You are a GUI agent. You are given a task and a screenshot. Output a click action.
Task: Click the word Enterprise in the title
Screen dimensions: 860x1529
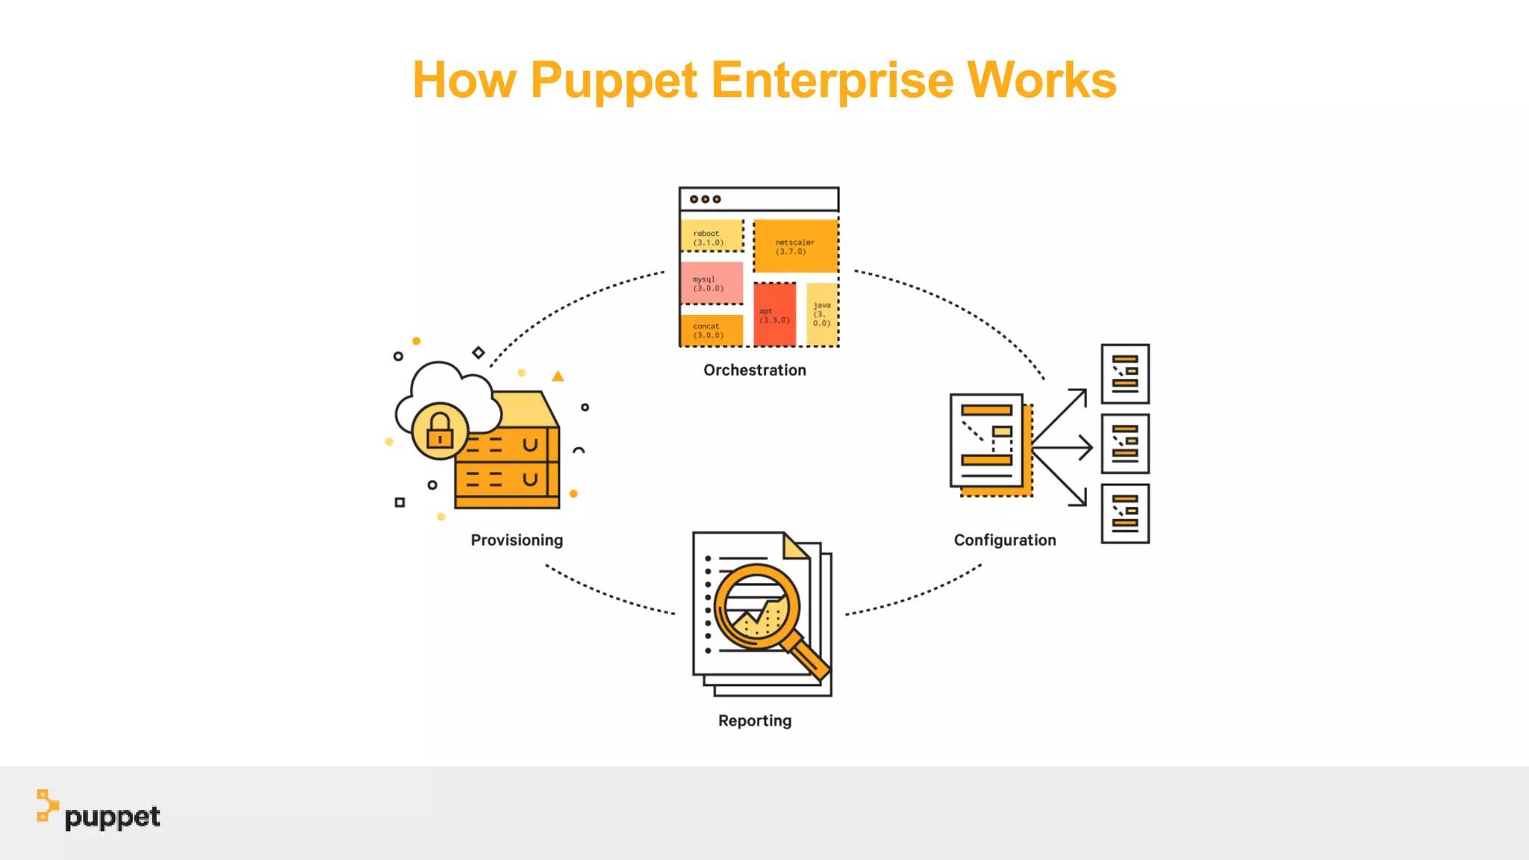pos(832,80)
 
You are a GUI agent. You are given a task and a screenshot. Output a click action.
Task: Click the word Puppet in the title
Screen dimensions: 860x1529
pos(614,80)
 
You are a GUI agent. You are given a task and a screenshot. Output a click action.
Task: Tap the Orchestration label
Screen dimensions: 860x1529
pos(755,370)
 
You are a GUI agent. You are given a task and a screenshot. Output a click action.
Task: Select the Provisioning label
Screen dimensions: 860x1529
pos(517,540)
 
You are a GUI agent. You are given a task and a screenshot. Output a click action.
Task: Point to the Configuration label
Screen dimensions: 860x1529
pos(1005,540)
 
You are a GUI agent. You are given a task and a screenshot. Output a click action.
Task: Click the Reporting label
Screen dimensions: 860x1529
pos(755,721)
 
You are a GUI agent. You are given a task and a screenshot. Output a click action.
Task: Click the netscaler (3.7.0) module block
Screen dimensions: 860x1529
pos(795,246)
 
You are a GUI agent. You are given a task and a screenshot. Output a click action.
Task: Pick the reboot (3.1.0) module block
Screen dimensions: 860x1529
pos(711,236)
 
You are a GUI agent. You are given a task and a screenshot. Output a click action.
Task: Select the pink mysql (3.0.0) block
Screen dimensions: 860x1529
pos(711,283)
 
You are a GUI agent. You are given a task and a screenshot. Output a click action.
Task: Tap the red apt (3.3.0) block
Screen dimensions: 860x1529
pos(775,315)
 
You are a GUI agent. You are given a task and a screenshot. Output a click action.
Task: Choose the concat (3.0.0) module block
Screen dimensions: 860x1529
pos(711,331)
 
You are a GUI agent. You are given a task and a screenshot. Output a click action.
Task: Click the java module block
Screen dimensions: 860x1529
pos(822,314)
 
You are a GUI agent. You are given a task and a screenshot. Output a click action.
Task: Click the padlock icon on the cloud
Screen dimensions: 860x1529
pos(440,431)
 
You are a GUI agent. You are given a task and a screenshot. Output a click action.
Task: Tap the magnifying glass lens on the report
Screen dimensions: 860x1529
pos(756,607)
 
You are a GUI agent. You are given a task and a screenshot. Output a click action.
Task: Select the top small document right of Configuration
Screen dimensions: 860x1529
pos(1125,373)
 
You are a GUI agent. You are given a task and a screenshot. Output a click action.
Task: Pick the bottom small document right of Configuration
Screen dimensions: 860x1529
pos(1125,514)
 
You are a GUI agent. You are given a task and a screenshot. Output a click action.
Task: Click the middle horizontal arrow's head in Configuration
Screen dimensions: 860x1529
pos(1087,448)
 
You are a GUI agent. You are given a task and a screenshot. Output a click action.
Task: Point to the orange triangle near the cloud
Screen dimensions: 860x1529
pos(558,377)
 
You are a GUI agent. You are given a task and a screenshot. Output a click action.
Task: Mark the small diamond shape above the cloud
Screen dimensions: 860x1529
pos(479,352)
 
